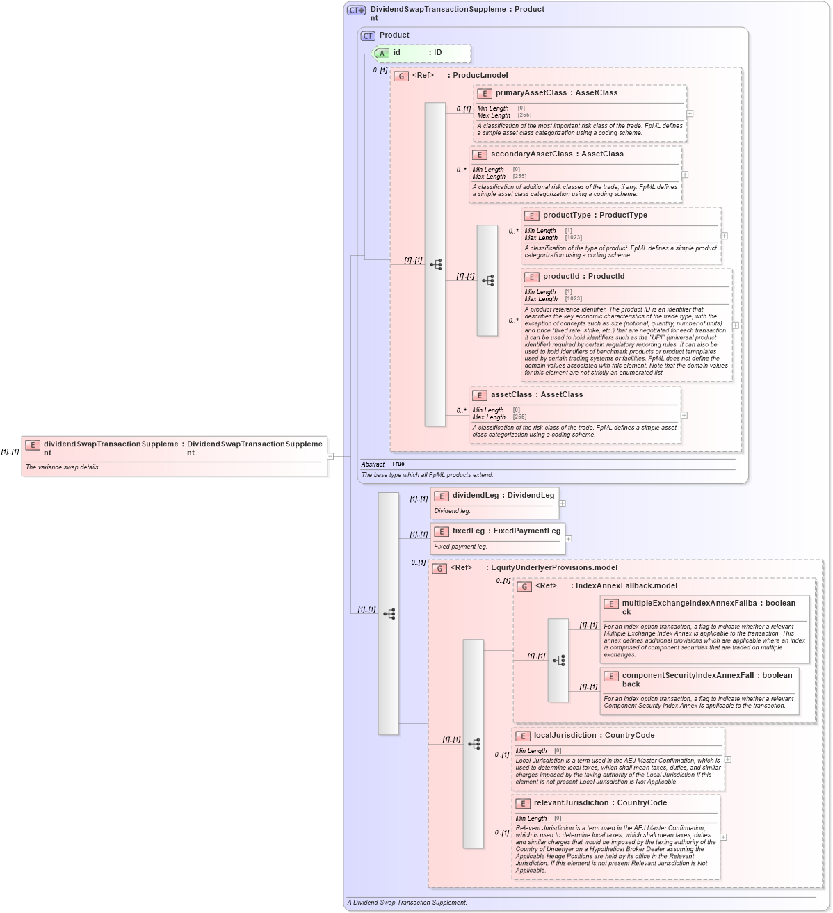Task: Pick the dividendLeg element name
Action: click(x=476, y=496)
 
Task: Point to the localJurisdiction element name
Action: click(x=565, y=736)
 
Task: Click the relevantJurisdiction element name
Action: click(x=571, y=803)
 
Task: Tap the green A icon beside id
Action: click(x=382, y=53)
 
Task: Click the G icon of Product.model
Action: click(x=401, y=76)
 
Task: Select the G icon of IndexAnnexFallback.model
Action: click(x=525, y=586)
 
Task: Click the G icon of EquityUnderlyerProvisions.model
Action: click(x=439, y=568)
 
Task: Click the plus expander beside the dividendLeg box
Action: click(x=563, y=503)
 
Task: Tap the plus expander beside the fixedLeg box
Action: click(x=568, y=539)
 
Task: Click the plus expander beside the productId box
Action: click(x=736, y=325)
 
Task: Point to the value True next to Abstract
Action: click(x=398, y=464)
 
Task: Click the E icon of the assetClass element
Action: click(x=480, y=395)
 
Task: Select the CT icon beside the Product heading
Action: click(x=368, y=35)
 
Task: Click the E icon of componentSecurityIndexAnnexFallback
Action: click(x=611, y=677)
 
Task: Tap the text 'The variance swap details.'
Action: click(x=63, y=467)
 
